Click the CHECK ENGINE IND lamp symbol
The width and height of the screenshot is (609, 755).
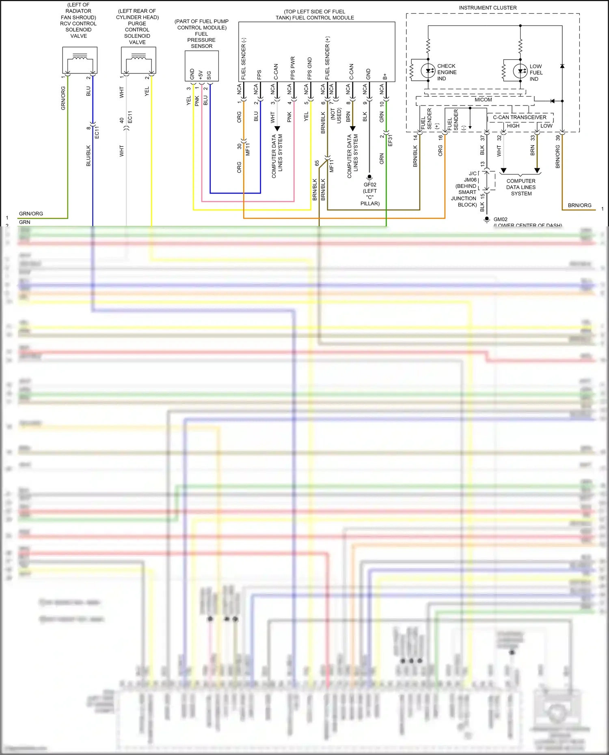(x=428, y=71)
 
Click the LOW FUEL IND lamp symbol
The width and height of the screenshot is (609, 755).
(x=520, y=71)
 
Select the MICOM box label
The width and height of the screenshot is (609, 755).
(x=483, y=100)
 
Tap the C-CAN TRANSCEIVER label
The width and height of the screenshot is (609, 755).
(x=520, y=117)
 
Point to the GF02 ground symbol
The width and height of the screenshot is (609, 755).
(x=369, y=177)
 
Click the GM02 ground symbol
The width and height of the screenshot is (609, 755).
(x=487, y=219)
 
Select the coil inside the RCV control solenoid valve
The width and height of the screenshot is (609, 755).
(x=80, y=59)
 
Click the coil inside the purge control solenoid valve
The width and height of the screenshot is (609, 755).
(x=139, y=59)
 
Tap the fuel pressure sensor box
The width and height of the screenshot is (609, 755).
(x=202, y=66)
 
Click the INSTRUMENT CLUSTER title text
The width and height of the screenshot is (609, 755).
(x=488, y=8)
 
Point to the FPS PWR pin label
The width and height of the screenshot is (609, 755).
(x=293, y=68)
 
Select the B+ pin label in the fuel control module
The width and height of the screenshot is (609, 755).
(x=385, y=76)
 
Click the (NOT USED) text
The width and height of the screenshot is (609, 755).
(x=336, y=116)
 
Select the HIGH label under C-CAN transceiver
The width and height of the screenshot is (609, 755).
(x=513, y=126)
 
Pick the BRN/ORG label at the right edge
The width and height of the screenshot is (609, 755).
(x=579, y=205)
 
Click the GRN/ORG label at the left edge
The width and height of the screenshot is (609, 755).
(x=31, y=213)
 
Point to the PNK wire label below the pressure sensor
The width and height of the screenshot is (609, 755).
(x=197, y=101)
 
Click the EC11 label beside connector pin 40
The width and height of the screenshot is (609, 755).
(x=130, y=117)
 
